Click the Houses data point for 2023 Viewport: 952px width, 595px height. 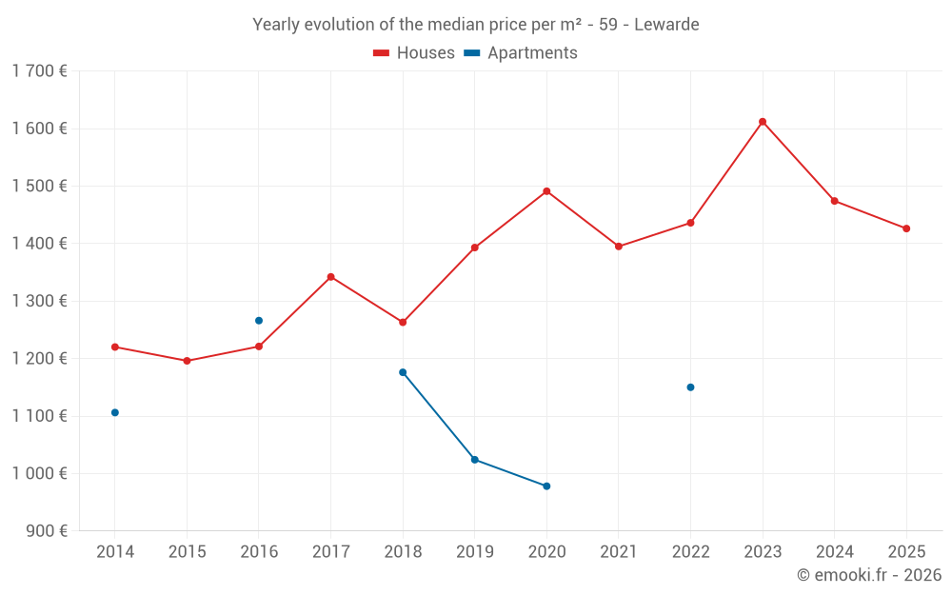[x=763, y=122]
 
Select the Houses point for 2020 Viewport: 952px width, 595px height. [x=546, y=191]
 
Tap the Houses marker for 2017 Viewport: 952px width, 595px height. [x=330, y=277]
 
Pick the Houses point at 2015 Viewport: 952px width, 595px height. [x=187, y=361]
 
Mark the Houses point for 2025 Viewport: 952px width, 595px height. [x=906, y=228]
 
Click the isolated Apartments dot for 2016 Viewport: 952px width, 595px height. [x=259, y=321]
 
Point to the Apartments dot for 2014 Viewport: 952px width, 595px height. [x=115, y=412]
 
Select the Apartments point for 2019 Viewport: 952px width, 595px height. [x=474, y=460]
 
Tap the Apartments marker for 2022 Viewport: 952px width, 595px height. [x=690, y=387]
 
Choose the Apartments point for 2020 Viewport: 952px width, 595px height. [x=546, y=486]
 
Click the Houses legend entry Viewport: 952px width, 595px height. [x=414, y=53]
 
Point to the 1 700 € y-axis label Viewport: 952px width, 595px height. [x=39, y=71]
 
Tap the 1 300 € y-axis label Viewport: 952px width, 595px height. [x=39, y=301]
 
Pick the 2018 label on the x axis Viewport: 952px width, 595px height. [x=403, y=552]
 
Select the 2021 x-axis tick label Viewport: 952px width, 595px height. [x=619, y=552]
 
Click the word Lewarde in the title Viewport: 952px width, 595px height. [x=667, y=25]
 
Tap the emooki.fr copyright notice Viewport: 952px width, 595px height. [x=868, y=575]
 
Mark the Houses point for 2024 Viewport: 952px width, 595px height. [x=835, y=201]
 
